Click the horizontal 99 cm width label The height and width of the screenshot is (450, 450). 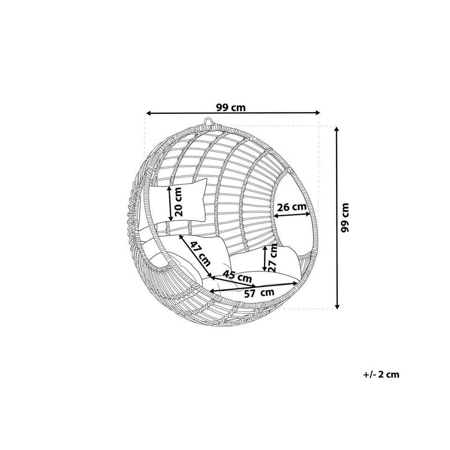pos(231,108)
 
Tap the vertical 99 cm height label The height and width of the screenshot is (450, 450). pos(345,217)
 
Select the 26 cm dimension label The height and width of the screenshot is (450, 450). pos(292,207)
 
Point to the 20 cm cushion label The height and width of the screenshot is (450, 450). pos(178,202)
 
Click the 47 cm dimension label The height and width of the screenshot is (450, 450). pos(201,254)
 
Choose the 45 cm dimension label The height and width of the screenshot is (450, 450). pos(237,276)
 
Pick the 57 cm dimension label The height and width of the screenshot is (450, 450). pos(259,292)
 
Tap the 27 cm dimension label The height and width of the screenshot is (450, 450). pos(273,258)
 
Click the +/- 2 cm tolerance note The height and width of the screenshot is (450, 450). pos(381,374)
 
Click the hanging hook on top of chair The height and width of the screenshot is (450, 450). pos(209,121)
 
